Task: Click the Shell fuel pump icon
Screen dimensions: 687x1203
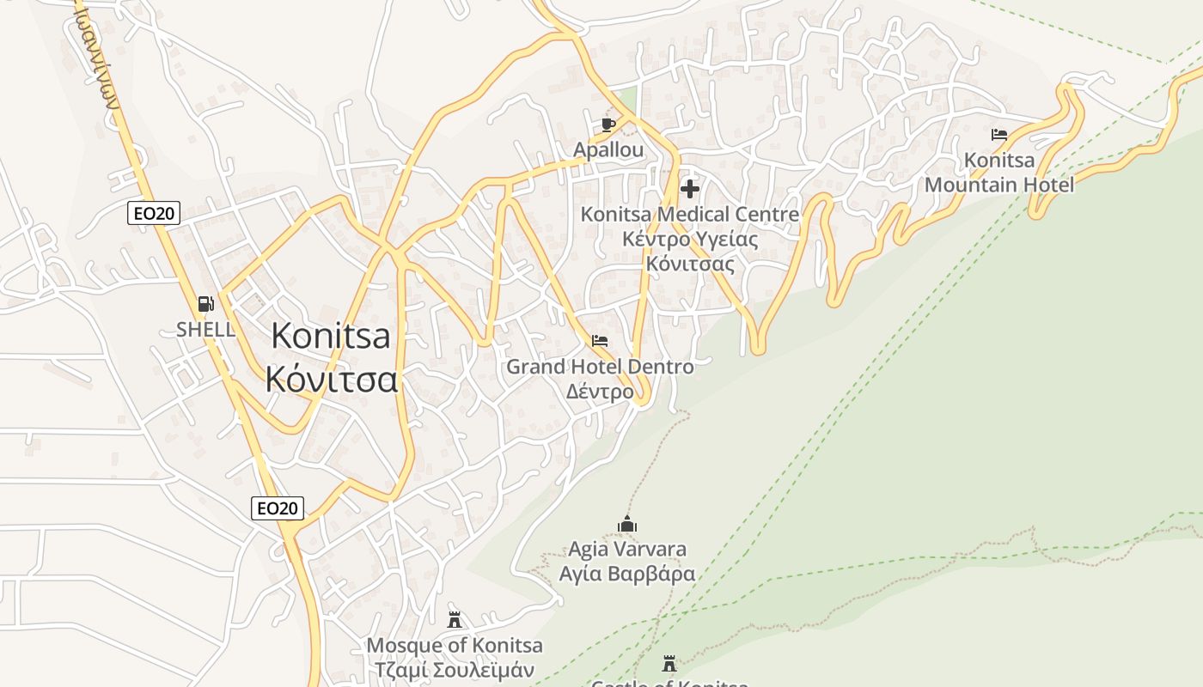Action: tap(205, 303)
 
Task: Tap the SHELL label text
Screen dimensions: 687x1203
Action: tap(205, 329)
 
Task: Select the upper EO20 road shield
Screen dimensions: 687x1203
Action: tap(154, 213)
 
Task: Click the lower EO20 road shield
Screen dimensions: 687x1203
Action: tap(278, 508)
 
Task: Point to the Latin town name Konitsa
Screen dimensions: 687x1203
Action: tap(331, 336)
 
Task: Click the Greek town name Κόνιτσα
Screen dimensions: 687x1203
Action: tap(332, 379)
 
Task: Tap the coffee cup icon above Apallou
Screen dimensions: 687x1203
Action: tap(608, 125)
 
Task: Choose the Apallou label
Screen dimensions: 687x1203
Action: tap(608, 150)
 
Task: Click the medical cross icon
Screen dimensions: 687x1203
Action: tap(689, 189)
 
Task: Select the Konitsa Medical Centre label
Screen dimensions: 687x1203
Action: tap(690, 215)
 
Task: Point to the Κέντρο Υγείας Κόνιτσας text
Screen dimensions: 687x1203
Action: tap(690, 251)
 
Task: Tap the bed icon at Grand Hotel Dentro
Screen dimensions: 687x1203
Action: tap(600, 342)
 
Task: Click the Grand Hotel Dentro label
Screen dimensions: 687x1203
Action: tap(600, 367)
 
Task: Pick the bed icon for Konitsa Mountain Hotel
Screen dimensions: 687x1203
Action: tap(999, 135)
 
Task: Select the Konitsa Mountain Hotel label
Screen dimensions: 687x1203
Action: tap(999, 173)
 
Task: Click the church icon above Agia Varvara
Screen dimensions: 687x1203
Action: tap(627, 524)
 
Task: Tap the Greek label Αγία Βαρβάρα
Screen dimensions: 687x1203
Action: tap(627, 574)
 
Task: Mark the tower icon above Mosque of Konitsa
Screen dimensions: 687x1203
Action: tap(455, 619)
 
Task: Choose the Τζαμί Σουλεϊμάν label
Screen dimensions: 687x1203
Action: tap(455, 670)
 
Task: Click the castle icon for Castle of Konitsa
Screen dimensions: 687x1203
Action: tap(669, 664)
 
